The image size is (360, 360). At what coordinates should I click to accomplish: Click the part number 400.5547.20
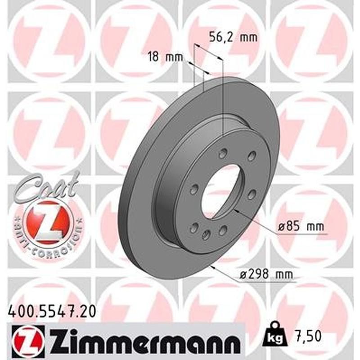point(52,310)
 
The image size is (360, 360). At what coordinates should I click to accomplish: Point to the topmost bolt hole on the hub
point(222,154)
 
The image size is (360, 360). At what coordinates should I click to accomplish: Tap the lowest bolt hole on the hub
point(206,234)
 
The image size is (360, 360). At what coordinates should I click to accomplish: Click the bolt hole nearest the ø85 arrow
point(252,194)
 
